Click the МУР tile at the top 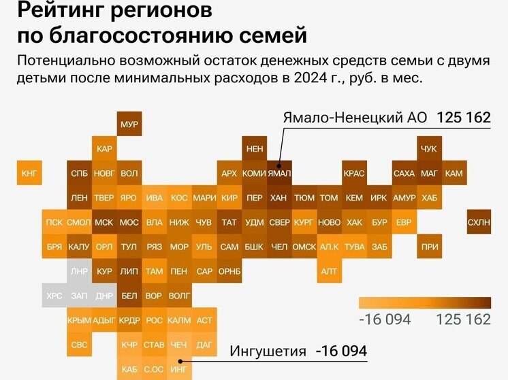(x=129, y=124)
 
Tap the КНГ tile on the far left (x=31, y=173)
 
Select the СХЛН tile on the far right (x=479, y=222)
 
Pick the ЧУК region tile (x=429, y=149)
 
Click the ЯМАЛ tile (x=279, y=173)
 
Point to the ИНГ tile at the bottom (x=178, y=369)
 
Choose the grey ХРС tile (x=54, y=296)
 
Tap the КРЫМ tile (x=79, y=320)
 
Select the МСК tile (x=104, y=222)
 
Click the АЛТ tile (x=330, y=271)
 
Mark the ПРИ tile (x=429, y=247)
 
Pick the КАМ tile (x=454, y=173)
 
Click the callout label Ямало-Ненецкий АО (x=354, y=118)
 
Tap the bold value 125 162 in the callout (x=463, y=118)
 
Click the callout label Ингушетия (x=267, y=351)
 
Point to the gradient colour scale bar (x=424, y=302)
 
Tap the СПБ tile (x=79, y=173)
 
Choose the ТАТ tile (x=229, y=222)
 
